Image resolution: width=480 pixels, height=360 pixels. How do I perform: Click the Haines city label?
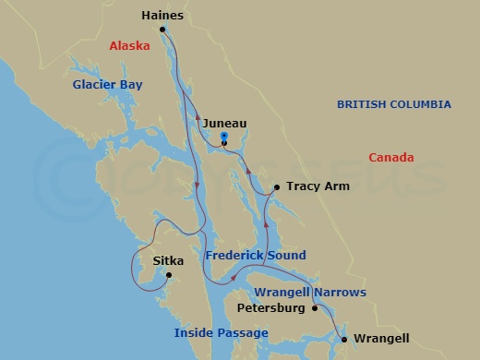coord(162,16)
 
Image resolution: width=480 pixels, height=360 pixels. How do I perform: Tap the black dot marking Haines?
coord(162,30)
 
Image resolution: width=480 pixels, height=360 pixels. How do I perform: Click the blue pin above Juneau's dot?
coord(224,137)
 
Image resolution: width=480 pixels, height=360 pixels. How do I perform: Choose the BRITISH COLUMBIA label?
coord(393,104)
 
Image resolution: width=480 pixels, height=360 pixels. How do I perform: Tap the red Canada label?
coord(391,158)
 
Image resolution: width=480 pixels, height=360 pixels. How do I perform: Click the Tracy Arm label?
coord(318,186)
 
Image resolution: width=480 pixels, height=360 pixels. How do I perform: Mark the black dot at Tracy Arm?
coord(275,187)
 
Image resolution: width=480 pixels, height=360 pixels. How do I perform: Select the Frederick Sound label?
coord(256,255)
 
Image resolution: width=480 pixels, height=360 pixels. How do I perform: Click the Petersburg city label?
coord(271,308)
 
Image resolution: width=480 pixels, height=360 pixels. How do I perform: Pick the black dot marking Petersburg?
coord(316,308)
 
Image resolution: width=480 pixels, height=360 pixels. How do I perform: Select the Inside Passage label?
coord(222,332)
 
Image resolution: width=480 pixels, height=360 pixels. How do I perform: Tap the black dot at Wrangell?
coord(344,340)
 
